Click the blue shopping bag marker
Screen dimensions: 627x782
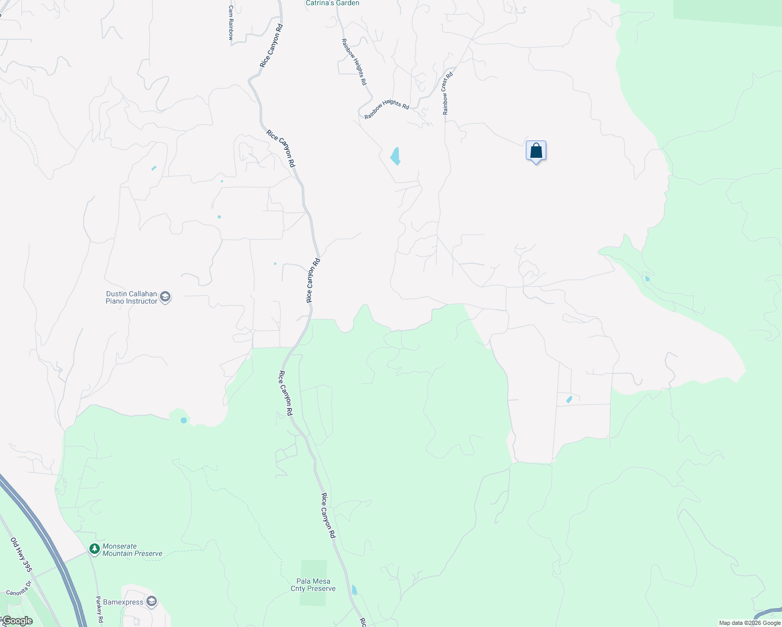[x=536, y=151]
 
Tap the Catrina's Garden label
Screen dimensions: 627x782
[x=332, y=3]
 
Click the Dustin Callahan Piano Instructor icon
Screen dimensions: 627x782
[x=165, y=297]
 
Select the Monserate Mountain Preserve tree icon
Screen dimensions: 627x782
[x=94, y=549]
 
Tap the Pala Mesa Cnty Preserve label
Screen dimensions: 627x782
[x=313, y=585]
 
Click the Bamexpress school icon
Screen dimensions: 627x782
[x=152, y=602]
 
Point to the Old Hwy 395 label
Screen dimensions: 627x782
[x=21, y=554]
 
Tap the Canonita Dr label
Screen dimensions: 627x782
[x=19, y=588]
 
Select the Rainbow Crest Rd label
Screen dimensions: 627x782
[x=447, y=94]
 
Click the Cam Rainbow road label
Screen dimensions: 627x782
[x=231, y=23]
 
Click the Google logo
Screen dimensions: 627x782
[x=17, y=621]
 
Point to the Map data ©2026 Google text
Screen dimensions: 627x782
[x=749, y=623]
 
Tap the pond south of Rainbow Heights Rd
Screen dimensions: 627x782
[x=396, y=156]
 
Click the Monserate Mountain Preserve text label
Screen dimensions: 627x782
[x=132, y=550]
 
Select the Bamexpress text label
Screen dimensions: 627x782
[x=123, y=602]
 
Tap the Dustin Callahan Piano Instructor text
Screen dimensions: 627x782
[x=131, y=297]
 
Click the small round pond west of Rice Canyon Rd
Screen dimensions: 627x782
[x=183, y=420]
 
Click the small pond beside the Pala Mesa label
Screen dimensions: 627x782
[x=354, y=590]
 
